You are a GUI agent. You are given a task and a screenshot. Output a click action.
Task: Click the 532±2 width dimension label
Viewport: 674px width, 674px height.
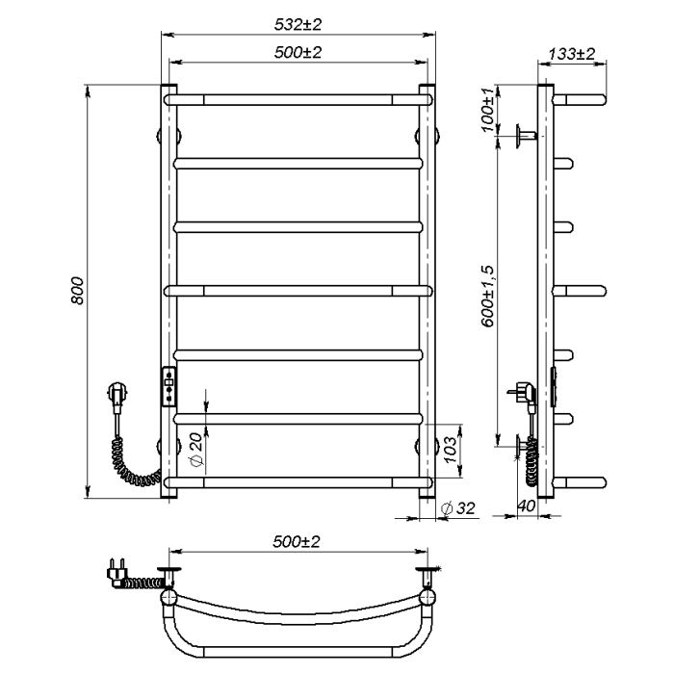pyautogui.click(x=298, y=24)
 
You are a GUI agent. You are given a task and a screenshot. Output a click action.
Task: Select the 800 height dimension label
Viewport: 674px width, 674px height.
pyautogui.click(x=77, y=291)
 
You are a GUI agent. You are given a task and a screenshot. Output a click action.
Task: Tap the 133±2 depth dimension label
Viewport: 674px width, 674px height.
pyautogui.click(x=572, y=54)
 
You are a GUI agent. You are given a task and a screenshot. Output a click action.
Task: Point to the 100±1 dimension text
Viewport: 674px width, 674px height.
pyautogui.click(x=489, y=110)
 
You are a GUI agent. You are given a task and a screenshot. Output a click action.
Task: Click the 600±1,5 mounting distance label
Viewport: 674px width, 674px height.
pyautogui.click(x=488, y=297)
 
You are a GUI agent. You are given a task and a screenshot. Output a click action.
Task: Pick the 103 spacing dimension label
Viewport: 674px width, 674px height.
pyautogui.click(x=450, y=450)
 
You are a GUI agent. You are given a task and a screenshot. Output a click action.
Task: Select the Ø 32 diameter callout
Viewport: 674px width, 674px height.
pyautogui.click(x=458, y=508)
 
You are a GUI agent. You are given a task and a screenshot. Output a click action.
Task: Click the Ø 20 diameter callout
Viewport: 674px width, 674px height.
pyautogui.click(x=195, y=450)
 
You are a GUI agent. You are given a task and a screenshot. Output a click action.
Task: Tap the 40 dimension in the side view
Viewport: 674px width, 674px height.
pyautogui.click(x=526, y=505)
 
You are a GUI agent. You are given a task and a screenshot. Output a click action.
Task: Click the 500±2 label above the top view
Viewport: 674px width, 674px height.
pyautogui.click(x=297, y=542)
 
